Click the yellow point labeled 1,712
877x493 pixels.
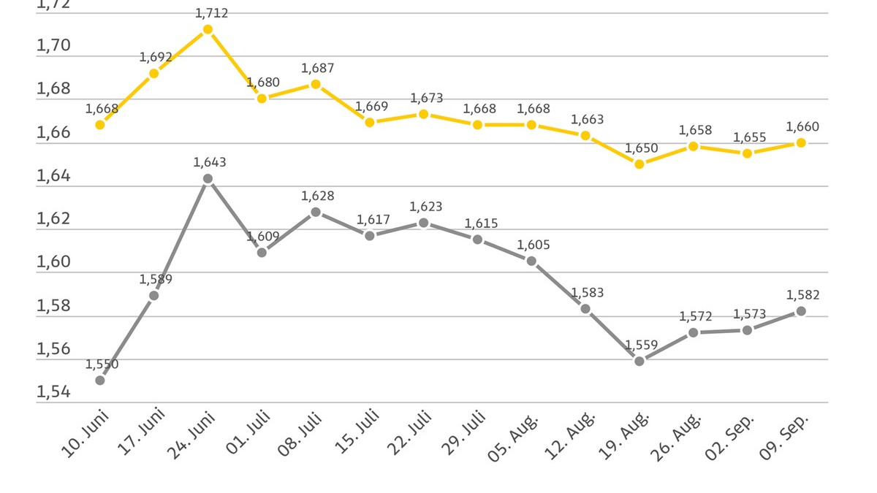click(208, 29)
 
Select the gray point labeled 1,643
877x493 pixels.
click(208, 178)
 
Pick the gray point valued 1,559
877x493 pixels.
click(639, 361)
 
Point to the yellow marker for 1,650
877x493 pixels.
click(639, 164)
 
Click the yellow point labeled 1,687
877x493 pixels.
click(316, 84)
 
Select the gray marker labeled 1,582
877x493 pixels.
click(801, 311)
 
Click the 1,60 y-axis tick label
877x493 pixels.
click(53, 262)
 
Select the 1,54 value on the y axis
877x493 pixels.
click(53, 392)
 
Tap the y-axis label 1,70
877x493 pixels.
click(53, 46)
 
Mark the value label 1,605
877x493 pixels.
click(534, 245)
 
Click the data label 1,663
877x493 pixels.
click(588, 119)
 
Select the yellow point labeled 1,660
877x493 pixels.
click(801, 142)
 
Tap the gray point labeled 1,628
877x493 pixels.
click(316, 212)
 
